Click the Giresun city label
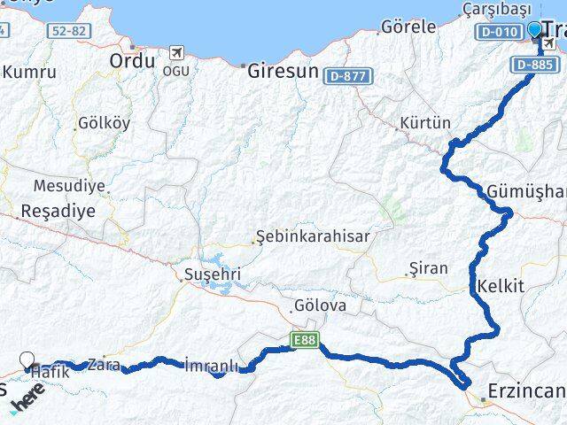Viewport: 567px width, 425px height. click(283, 69)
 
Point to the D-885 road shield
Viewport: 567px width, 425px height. click(533, 65)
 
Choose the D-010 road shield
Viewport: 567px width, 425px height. click(498, 33)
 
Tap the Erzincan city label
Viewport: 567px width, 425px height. click(526, 390)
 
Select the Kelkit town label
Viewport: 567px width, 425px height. click(501, 286)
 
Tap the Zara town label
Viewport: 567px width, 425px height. click(104, 363)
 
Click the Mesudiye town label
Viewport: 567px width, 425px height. click(69, 186)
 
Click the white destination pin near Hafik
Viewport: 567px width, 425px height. click(27, 359)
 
